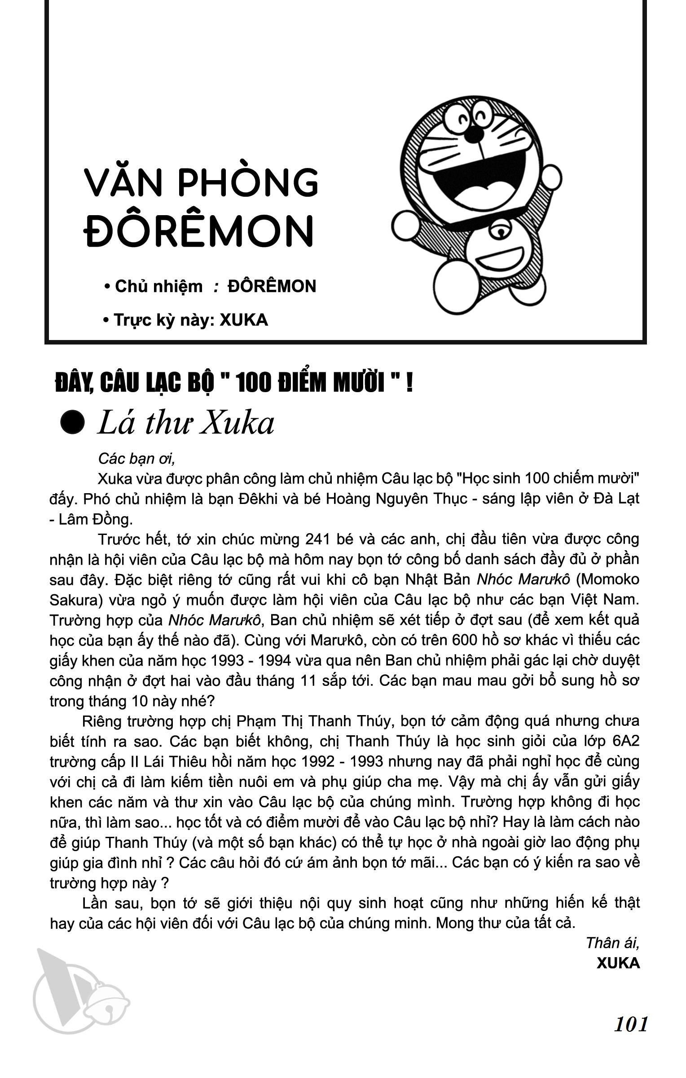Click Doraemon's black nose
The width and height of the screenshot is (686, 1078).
tap(472, 133)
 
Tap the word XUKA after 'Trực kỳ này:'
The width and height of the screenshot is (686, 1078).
tap(244, 320)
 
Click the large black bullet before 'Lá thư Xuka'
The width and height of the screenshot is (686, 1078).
tap(73, 423)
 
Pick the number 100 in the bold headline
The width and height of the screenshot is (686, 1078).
tap(252, 384)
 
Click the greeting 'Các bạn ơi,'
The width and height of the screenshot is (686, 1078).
tap(136, 459)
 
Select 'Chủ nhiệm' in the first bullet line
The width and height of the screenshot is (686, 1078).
tap(158, 286)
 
